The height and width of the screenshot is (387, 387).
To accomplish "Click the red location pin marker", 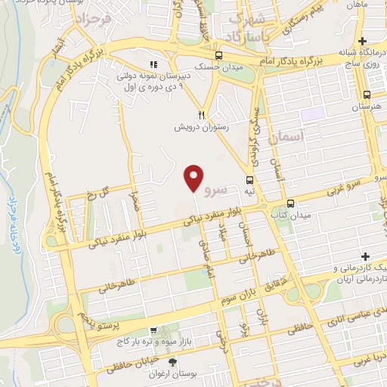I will click(194, 177).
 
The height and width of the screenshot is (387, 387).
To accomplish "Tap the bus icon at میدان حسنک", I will click(218, 55).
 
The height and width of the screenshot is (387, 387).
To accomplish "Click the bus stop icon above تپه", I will click(249, 179).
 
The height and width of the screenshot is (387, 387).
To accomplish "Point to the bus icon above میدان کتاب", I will click(291, 203).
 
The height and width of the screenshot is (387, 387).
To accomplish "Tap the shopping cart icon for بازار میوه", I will click(154, 330).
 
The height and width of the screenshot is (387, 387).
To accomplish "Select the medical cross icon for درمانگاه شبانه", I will click(364, 40).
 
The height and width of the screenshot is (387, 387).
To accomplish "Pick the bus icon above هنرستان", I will click(367, 95).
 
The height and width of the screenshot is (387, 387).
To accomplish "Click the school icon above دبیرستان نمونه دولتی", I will click(154, 65).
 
